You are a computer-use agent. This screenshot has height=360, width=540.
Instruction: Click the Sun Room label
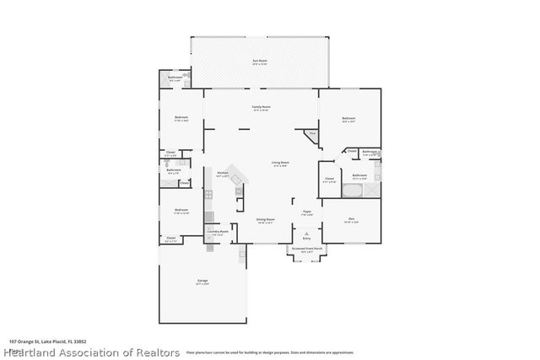260,62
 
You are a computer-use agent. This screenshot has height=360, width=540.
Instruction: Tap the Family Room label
261,108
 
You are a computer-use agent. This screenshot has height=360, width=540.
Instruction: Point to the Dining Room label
266,220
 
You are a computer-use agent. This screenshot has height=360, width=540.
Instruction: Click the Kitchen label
223,173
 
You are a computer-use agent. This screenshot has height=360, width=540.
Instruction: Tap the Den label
351,219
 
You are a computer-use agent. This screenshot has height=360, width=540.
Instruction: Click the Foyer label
307,212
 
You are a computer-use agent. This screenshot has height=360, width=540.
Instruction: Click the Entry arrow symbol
307,235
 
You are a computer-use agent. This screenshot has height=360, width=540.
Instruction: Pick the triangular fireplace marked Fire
311,135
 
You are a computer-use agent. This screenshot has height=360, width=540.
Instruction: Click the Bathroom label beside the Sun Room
175,78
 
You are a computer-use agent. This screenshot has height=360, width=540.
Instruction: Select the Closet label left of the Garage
171,239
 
